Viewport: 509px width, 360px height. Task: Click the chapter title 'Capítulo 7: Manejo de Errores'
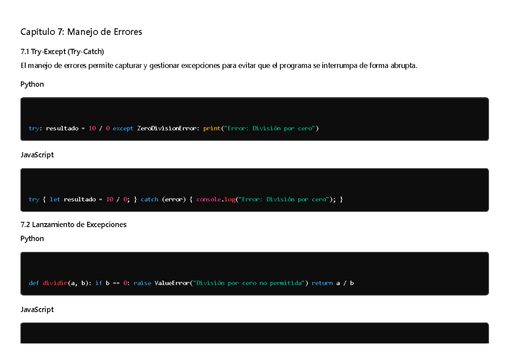[x=81, y=32]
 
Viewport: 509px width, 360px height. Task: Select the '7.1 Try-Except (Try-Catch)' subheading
[x=62, y=52]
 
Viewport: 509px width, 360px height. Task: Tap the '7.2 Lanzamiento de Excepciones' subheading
[x=73, y=225]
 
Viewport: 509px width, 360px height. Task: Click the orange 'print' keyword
[x=212, y=129]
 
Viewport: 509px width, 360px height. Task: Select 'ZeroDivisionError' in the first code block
[x=167, y=128]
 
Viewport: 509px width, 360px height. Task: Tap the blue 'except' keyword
[x=123, y=129]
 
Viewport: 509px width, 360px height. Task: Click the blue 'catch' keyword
[x=149, y=199]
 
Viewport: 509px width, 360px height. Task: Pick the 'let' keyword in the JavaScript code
[x=55, y=199]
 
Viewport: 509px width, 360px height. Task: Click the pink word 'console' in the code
[x=209, y=199]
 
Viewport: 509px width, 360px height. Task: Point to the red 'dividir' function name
[x=55, y=283]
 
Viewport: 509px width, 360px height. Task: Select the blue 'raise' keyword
[x=142, y=283]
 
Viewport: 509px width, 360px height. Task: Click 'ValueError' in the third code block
[x=172, y=283]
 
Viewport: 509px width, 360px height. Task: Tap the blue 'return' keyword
[x=322, y=283]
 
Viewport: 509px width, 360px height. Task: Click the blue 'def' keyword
[x=34, y=283]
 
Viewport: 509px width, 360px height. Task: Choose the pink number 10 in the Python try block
[x=92, y=128]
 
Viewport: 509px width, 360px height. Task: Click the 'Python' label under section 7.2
[x=32, y=239]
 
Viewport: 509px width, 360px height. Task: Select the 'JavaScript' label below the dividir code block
[x=37, y=309]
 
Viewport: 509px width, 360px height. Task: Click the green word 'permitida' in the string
[x=285, y=283]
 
